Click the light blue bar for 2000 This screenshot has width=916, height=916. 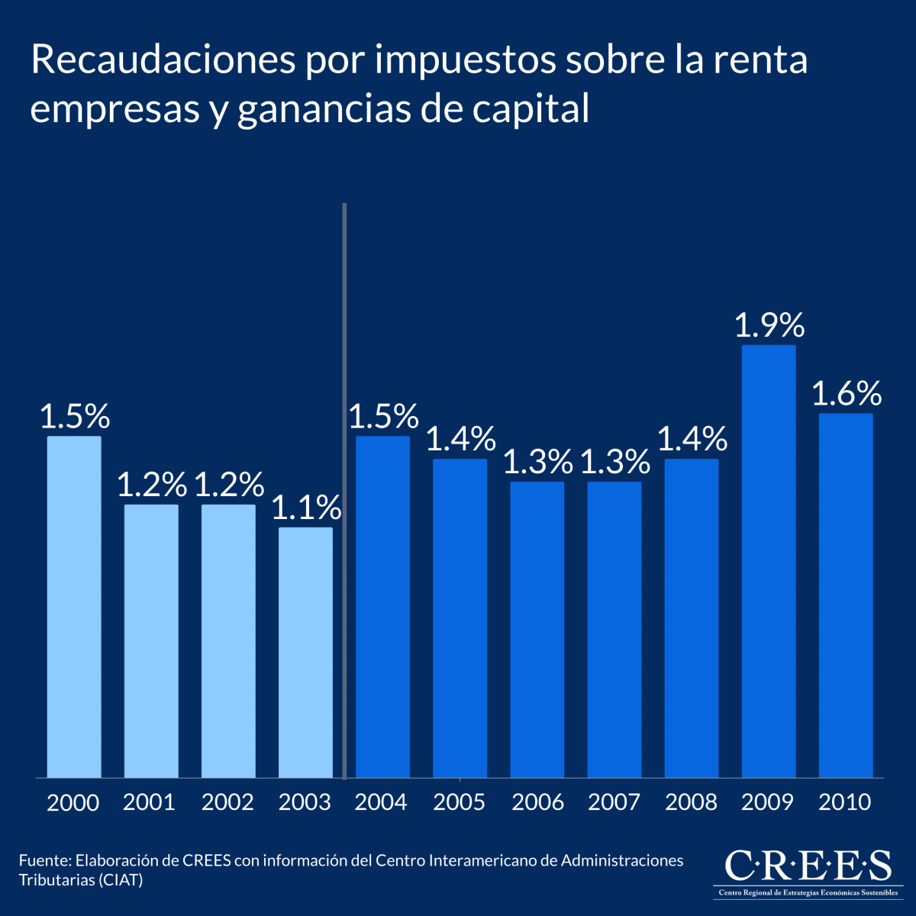point(74,607)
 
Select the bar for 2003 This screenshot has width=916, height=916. point(305,653)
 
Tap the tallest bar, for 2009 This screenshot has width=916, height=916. point(769,561)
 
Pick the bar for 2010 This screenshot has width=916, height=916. point(846,595)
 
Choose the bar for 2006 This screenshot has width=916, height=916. point(537,630)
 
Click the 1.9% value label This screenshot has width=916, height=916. point(769,326)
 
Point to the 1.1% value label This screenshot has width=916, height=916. point(306,508)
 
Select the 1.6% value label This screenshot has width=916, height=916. point(846,395)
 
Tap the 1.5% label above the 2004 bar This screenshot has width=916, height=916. point(383,417)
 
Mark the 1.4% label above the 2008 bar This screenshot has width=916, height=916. point(692,440)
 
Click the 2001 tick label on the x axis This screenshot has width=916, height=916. point(150,802)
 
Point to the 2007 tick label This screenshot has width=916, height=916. point(614,802)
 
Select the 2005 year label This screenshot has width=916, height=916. point(459,802)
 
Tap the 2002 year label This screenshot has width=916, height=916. point(227,802)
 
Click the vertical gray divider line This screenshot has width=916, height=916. point(345,489)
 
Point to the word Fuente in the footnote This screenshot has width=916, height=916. point(44,861)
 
